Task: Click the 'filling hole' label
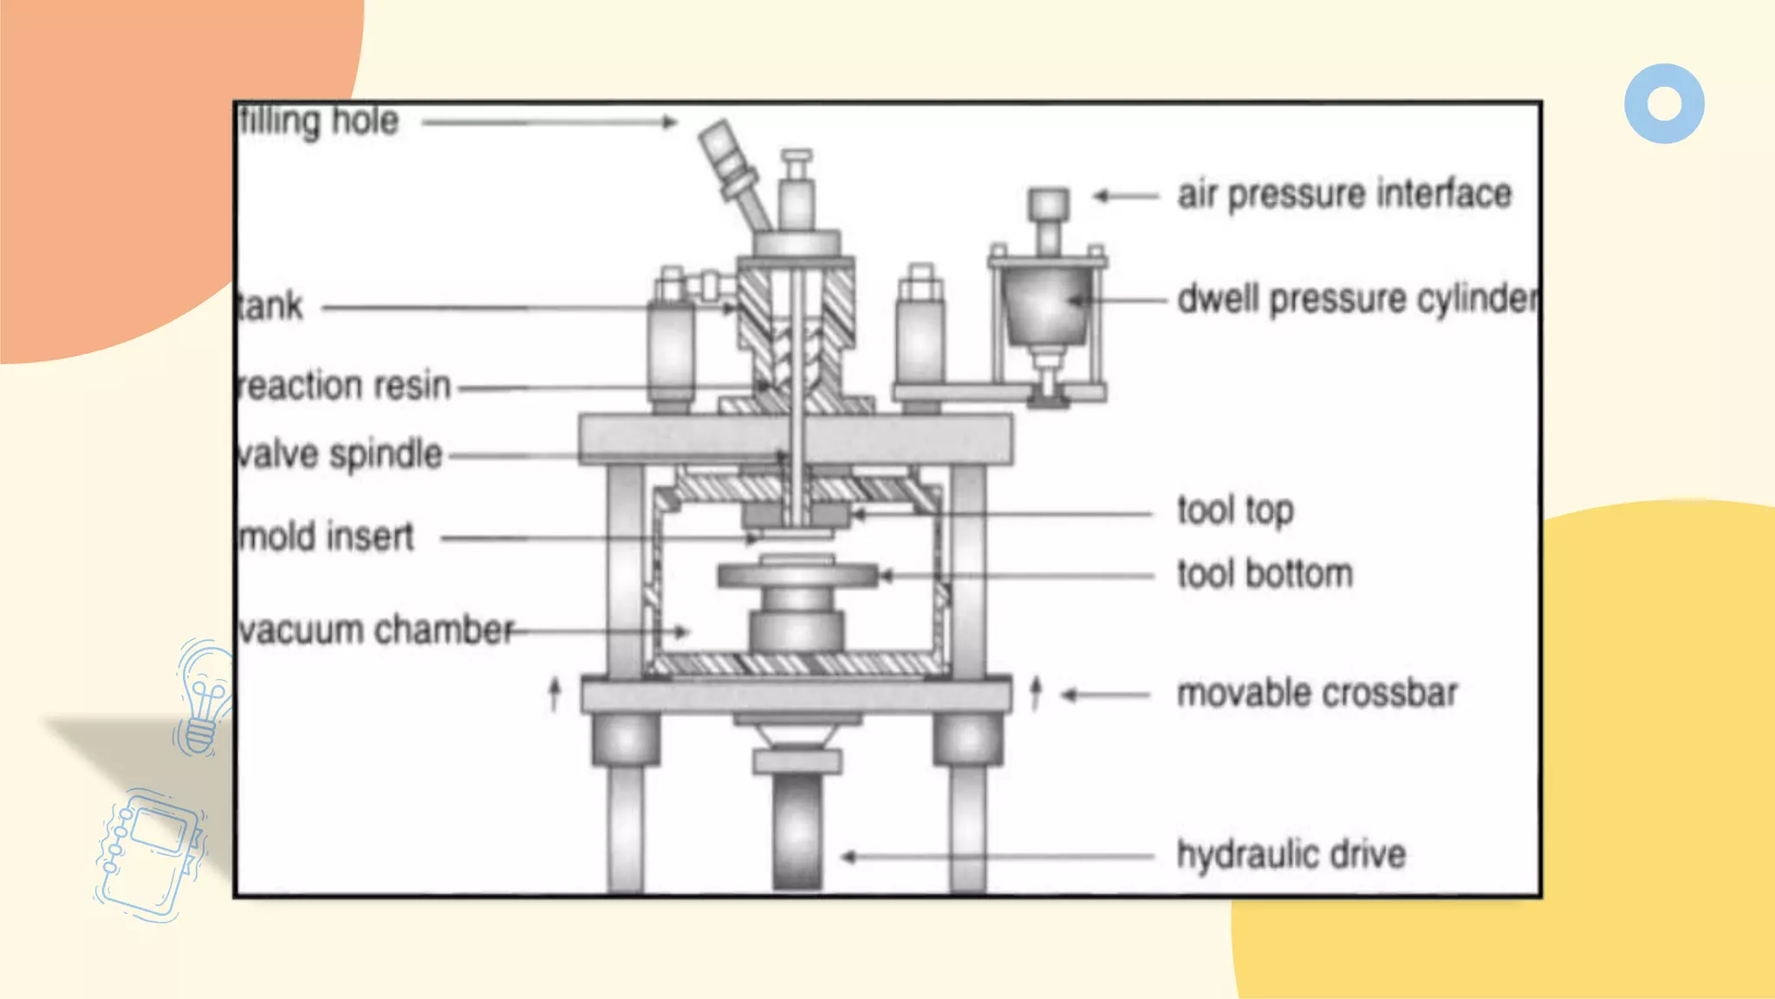click(x=319, y=121)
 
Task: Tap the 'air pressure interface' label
click(x=1343, y=194)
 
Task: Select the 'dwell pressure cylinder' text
click(x=1356, y=299)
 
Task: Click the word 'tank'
click(x=270, y=306)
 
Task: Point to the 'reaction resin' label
click(x=345, y=386)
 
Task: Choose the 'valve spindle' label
click(x=340, y=454)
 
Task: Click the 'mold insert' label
click(x=327, y=537)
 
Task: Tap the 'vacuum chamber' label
click(x=376, y=630)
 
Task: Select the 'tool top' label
click(x=1235, y=511)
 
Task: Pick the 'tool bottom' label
click(x=1265, y=575)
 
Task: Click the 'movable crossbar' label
click(x=1317, y=694)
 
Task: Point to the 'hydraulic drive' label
click(x=1291, y=855)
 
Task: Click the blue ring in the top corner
click(x=1664, y=103)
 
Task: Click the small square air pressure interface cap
click(x=1048, y=206)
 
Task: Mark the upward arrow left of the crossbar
click(x=555, y=694)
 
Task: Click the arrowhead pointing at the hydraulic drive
click(x=848, y=857)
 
